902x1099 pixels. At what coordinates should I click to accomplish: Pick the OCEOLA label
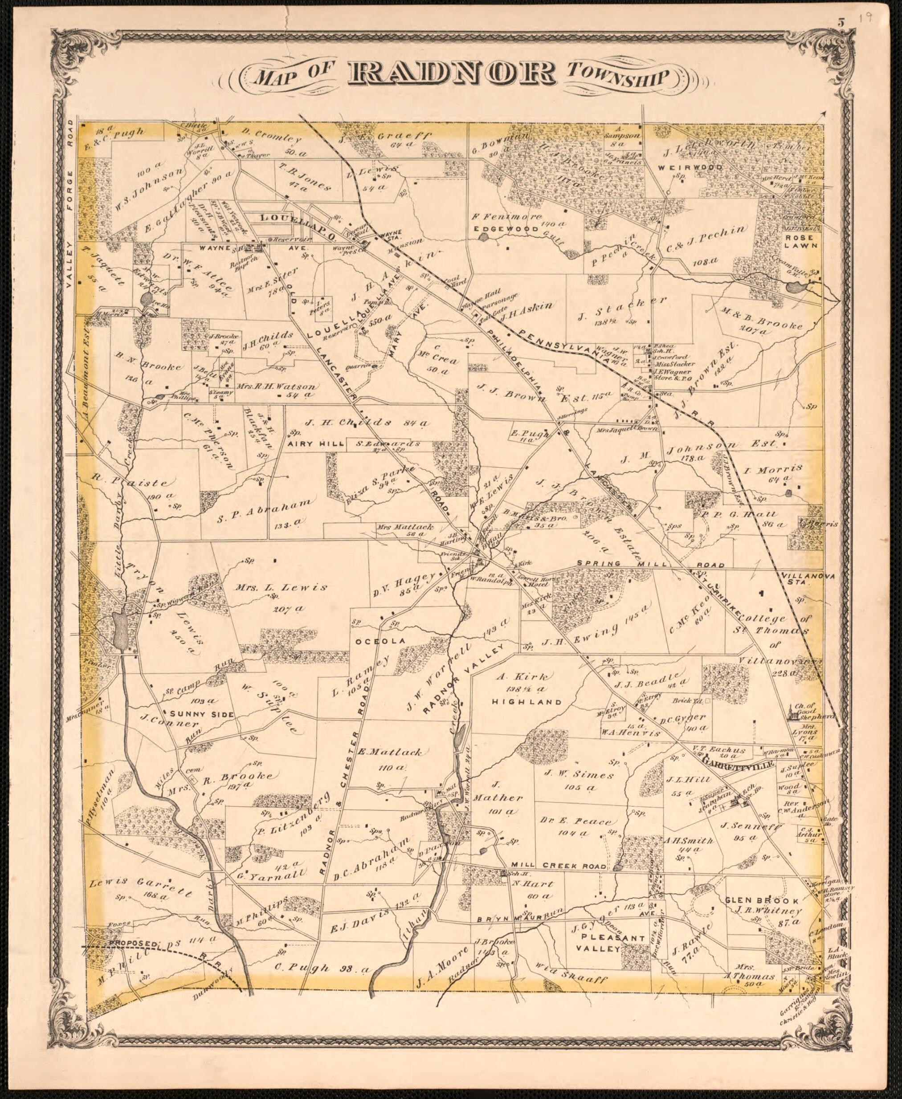pos(380,641)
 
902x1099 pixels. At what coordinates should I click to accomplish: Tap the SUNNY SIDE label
pos(199,714)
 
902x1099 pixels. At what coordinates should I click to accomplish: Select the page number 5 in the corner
pos(840,22)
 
